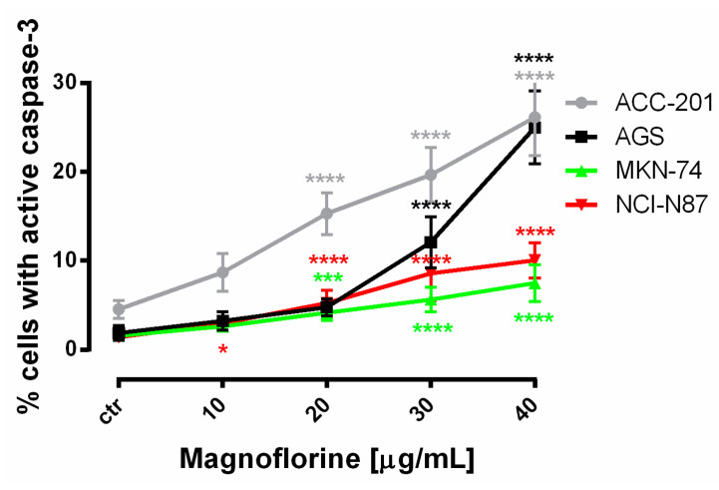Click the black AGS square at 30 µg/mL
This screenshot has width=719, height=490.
431,243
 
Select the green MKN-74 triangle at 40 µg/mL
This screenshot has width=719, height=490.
536,283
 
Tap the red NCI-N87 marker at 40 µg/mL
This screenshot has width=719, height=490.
536,260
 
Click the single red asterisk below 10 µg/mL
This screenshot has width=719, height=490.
222,351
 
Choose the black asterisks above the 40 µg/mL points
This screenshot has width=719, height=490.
534,59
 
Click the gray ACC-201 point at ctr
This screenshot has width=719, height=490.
119,309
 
